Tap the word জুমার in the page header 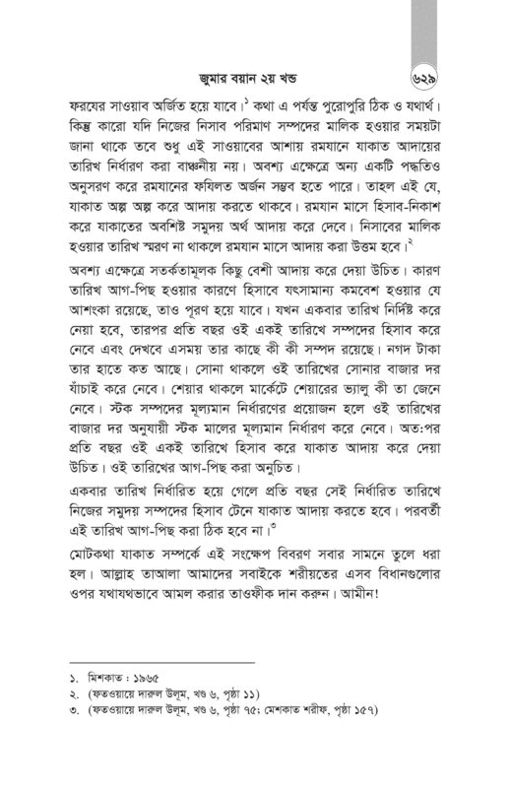click(x=213, y=70)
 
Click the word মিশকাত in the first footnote click(x=104, y=681)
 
